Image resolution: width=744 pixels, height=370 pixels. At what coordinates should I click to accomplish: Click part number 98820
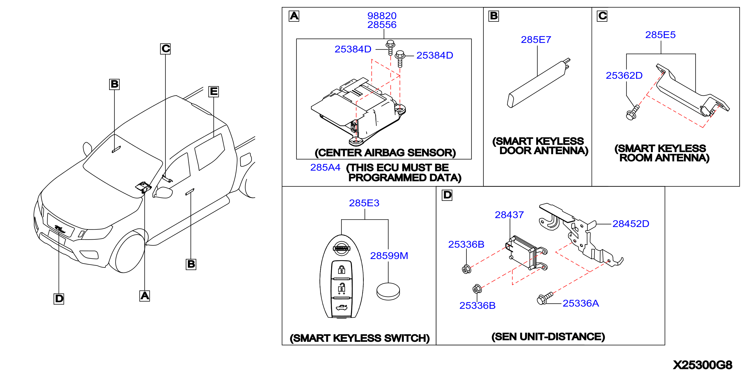(x=382, y=16)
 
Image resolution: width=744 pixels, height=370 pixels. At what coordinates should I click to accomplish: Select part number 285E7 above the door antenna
(x=536, y=40)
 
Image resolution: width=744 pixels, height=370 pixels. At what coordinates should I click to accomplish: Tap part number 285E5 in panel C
(x=661, y=35)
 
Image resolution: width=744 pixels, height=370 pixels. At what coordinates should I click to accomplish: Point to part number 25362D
(x=624, y=76)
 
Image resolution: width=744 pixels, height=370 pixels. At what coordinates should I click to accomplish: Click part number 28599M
(x=389, y=256)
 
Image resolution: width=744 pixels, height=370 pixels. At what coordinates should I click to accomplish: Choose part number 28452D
(x=631, y=223)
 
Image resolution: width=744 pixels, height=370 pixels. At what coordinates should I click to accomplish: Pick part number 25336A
(x=581, y=303)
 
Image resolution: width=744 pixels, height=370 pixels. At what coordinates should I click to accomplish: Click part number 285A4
(x=325, y=167)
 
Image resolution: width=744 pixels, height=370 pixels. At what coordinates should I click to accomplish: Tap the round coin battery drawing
(x=388, y=291)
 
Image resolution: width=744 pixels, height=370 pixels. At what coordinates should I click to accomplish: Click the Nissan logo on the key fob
(x=342, y=248)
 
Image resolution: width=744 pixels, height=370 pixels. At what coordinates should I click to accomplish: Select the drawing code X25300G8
(x=702, y=365)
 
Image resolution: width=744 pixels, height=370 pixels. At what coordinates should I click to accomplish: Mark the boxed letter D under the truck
(x=59, y=299)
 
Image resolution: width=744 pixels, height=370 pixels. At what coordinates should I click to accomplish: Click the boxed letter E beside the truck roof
(x=214, y=92)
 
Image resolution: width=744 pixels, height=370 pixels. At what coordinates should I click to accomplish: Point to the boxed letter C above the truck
(x=165, y=49)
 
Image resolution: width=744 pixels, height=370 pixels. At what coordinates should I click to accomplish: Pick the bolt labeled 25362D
(x=633, y=113)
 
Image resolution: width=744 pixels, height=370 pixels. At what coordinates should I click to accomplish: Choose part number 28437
(x=509, y=215)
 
